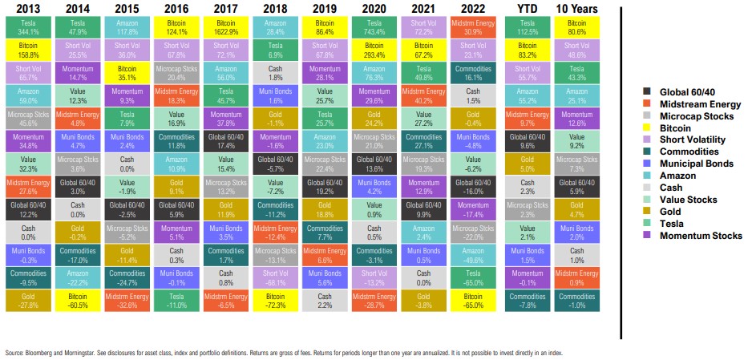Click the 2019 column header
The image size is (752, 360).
click(x=324, y=10)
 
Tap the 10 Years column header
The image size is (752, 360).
click(x=576, y=10)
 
